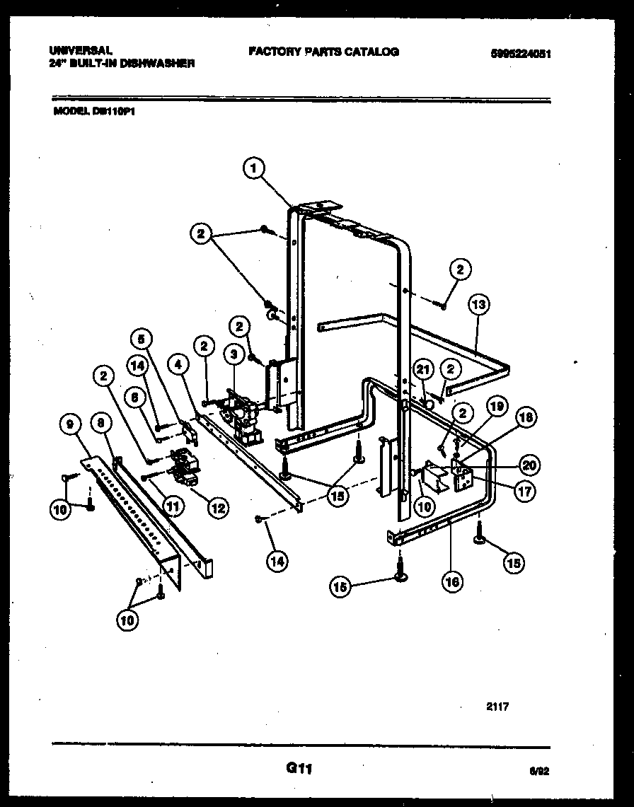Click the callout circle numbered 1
[254, 168]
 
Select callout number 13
[479, 305]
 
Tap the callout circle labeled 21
[423, 368]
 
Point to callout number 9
[69, 424]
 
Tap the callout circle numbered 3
[231, 352]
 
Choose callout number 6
[130, 398]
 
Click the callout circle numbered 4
[178, 366]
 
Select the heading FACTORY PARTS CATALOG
[323, 52]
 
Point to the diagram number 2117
[498, 706]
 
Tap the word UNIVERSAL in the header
[80, 51]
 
